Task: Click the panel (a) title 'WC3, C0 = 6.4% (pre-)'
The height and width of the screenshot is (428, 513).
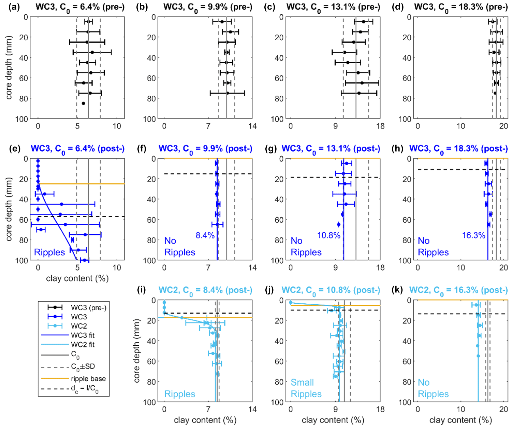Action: click(x=80, y=8)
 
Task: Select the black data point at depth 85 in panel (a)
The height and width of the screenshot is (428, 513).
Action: click(x=83, y=103)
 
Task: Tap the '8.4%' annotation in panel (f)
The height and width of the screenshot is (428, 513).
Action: click(x=205, y=235)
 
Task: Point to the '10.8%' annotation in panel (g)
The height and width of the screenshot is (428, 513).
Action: click(x=329, y=235)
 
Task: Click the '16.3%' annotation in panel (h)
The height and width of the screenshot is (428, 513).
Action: click(x=473, y=235)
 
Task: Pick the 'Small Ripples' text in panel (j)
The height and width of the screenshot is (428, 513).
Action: click(x=306, y=388)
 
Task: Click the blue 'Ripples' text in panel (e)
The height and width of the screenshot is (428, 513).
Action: click(x=49, y=252)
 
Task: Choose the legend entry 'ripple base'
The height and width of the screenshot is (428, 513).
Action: click(x=88, y=378)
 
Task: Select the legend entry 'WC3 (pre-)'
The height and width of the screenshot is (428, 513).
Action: click(x=89, y=308)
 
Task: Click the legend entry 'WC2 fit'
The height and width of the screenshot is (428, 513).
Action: click(x=83, y=345)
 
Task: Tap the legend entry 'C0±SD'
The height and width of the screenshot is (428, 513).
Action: click(x=83, y=367)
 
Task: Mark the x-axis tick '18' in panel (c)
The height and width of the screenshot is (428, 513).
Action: click(x=380, y=126)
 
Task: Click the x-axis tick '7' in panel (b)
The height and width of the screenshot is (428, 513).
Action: click(x=208, y=126)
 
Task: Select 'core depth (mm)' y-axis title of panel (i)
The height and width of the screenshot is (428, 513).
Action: click(x=137, y=351)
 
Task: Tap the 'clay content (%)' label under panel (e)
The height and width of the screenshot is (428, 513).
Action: click(x=77, y=278)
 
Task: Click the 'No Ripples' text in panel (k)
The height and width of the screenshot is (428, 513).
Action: click(x=433, y=388)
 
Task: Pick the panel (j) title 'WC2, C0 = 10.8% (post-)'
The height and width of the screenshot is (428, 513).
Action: click(x=331, y=290)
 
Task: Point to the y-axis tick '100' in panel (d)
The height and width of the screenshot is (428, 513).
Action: click(x=405, y=119)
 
